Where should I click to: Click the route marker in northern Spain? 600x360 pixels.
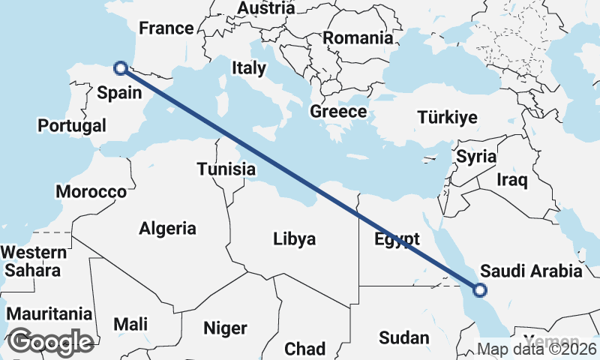120,68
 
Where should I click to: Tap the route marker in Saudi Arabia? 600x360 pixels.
480,289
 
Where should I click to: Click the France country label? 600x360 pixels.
166,28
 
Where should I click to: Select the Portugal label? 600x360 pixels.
72,125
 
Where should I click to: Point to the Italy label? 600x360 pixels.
249,67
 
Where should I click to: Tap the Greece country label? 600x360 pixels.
338,112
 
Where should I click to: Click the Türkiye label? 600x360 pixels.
448,117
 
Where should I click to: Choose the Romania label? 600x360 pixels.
358,37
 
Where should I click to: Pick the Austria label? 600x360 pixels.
265,8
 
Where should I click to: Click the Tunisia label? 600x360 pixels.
226,169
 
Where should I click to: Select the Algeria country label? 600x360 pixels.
167,229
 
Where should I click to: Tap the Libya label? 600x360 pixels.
294,239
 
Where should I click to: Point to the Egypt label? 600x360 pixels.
396,240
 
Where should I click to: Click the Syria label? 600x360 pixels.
476,157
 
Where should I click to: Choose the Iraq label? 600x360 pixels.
513,180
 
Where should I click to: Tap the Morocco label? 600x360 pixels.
91,192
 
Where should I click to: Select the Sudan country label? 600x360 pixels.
403,337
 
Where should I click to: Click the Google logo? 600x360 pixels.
51,341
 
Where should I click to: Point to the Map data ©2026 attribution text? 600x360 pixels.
537,349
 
